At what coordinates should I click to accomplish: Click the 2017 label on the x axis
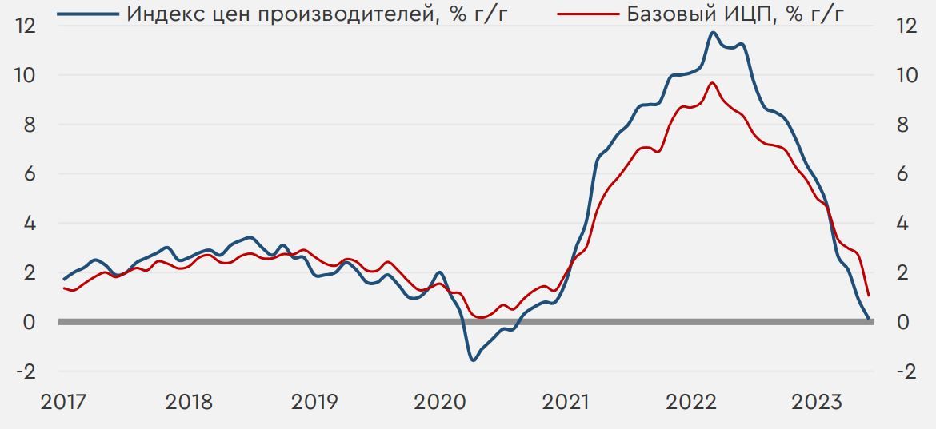coord(63,402)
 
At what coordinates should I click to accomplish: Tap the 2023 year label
coord(816,402)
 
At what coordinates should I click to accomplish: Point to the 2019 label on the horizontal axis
coord(314,402)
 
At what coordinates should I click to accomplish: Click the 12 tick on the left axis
coord(26,26)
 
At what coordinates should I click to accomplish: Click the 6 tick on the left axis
coord(29,174)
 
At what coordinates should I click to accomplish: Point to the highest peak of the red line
coord(713,83)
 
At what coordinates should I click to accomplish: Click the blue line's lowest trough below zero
coord(473,359)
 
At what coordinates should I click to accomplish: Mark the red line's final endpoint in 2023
coord(869,296)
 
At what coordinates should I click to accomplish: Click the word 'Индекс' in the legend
coord(163,14)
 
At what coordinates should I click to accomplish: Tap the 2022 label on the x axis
coord(690,402)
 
